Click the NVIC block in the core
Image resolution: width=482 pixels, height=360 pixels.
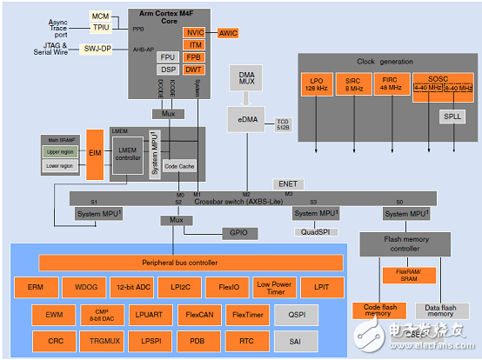(x=194, y=32)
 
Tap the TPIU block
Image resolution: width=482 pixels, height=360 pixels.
(x=100, y=28)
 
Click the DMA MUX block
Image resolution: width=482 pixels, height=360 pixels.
(x=246, y=79)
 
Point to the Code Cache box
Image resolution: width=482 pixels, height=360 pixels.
(x=180, y=165)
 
